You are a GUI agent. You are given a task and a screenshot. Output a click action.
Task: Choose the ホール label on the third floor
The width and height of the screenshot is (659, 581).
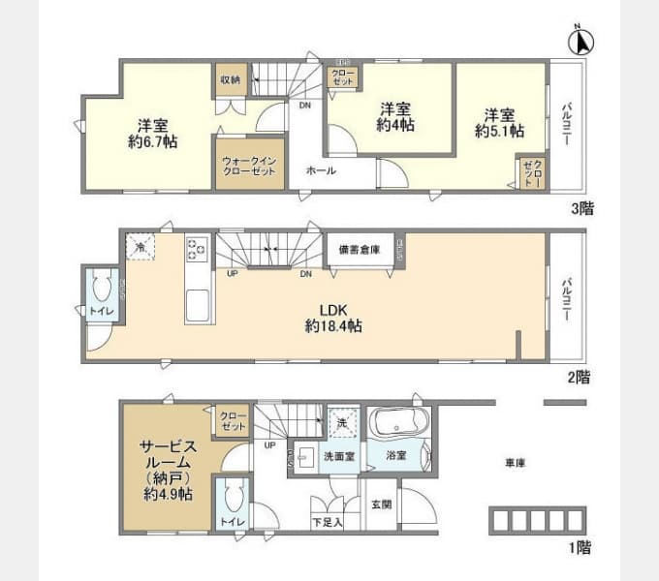pyautogui.click(x=321, y=170)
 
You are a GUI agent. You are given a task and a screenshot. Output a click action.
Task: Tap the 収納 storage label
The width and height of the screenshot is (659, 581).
pyautogui.click(x=229, y=80)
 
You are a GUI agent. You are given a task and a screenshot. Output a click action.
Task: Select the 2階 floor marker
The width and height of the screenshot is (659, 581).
pyautogui.click(x=579, y=377)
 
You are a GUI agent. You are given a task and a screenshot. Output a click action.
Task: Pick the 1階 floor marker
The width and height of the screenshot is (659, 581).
pyautogui.click(x=579, y=547)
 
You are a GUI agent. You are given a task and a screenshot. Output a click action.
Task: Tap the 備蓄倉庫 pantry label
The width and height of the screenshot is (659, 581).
pyautogui.click(x=360, y=250)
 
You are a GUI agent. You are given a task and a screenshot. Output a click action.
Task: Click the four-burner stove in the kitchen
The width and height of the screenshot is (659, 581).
pyautogui.click(x=197, y=249)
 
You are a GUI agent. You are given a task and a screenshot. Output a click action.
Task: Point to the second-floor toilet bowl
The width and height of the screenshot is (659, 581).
pyautogui.click(x=102, y=287)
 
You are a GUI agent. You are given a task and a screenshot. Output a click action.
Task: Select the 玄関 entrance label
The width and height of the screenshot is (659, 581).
pyautogui.click(x=381, y=504)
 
